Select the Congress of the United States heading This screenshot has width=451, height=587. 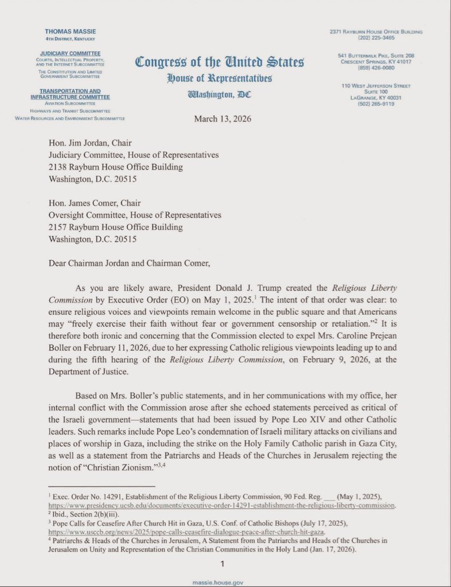220,62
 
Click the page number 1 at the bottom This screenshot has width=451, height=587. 224,564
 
